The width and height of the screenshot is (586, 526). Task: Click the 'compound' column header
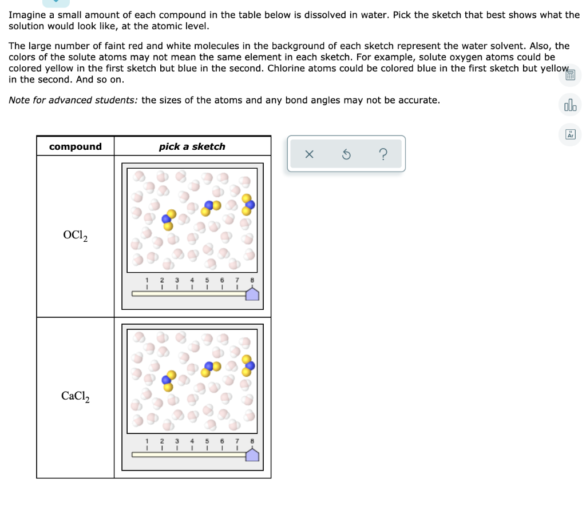(75, 147)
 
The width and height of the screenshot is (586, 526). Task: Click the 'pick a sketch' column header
(192, 147)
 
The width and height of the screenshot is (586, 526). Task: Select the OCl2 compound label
(76, 235)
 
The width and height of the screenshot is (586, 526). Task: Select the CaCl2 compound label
(76, 396)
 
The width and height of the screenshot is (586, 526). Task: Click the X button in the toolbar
(309, 154)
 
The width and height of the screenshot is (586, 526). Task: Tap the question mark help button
(383, 154)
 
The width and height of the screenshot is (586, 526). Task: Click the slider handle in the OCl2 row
(252, 294)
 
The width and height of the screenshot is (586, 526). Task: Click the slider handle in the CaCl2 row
(252, 455)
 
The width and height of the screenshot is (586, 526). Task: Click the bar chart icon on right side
(570, 105)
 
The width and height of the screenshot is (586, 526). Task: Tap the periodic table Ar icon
(570, 134)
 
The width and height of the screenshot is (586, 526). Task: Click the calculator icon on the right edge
(570, 75)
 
